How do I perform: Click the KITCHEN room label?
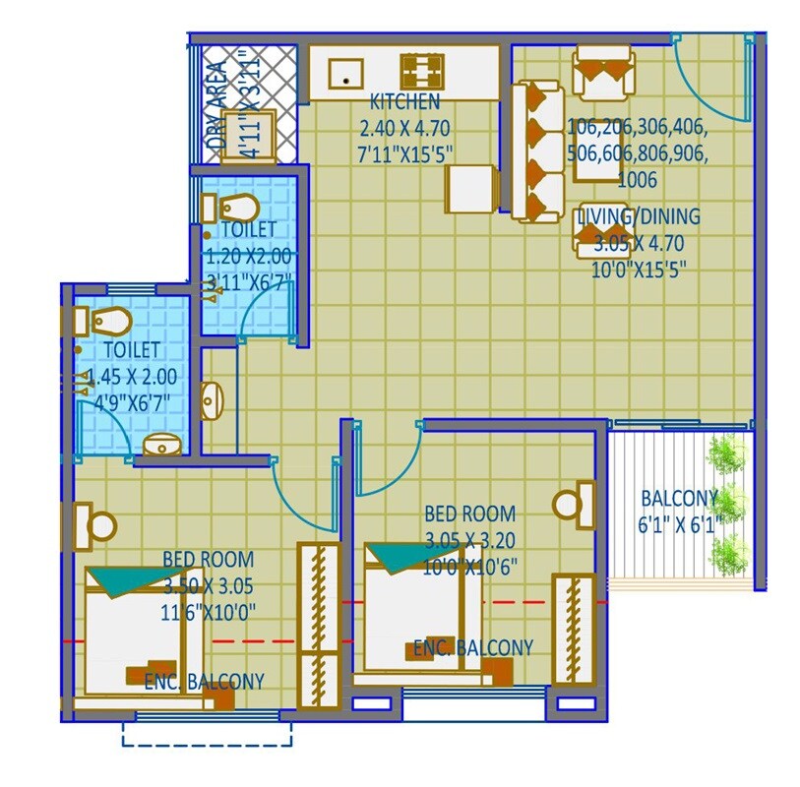click(x=403, y=102)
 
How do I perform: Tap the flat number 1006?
click(x=637, y=181)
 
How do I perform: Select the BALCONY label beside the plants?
click(x=679, y=497)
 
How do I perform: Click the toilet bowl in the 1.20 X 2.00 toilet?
click(x=237, y=209)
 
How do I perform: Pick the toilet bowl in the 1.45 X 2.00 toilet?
click(x=108, y=322)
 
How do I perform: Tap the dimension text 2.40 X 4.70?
click(x=404, y=126)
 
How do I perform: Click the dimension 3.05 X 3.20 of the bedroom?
click(x=470, y=539)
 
